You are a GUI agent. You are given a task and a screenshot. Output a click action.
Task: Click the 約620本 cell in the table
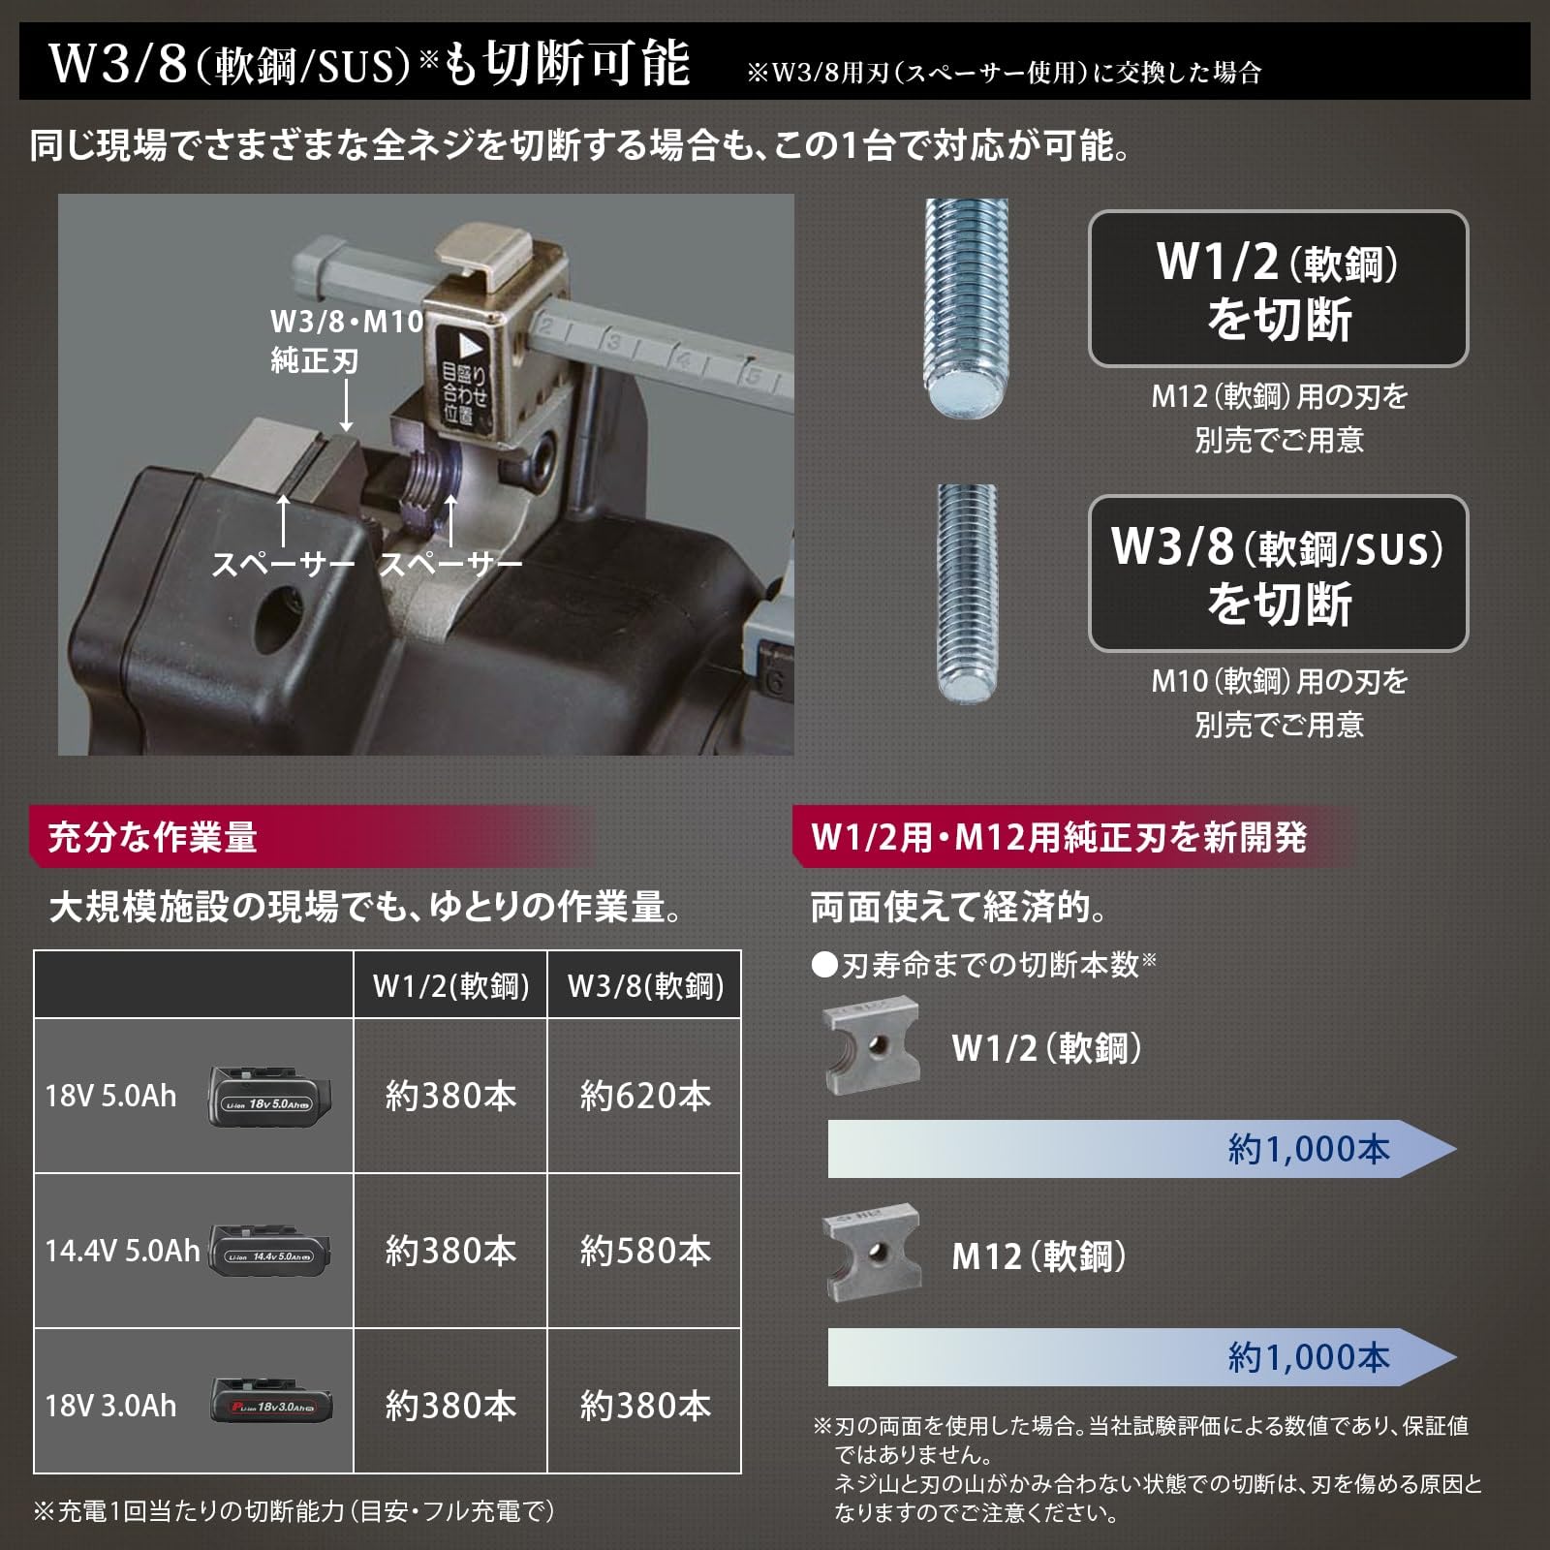[645, 1096]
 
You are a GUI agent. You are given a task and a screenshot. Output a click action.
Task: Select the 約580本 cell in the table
[645, 1251]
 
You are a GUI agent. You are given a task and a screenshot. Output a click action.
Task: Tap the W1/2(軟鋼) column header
[450, 986]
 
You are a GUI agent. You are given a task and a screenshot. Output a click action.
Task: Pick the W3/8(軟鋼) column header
[645, 986]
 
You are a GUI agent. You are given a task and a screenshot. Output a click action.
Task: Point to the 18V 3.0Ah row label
[110, 1406]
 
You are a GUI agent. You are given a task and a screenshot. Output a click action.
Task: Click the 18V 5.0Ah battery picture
[270, 1098]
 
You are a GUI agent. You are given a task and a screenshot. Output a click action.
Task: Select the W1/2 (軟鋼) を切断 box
[1278, 289]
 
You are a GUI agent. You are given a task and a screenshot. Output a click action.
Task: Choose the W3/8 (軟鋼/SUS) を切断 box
[1278, 573]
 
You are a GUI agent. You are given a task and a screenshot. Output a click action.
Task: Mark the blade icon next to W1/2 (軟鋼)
[871, 1047]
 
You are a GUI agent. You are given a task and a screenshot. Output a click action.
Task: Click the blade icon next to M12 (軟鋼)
[871, 1254]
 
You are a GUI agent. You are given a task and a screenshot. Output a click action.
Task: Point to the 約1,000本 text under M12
[1309, 1357]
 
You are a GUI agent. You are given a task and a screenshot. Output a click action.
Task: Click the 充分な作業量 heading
[152, 837]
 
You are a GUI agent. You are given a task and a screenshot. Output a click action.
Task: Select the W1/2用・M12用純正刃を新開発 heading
[1059, 837]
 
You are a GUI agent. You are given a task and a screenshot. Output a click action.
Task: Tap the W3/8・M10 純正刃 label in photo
[347, 340]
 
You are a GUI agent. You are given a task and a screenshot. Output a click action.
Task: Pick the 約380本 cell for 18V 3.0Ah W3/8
[645, 1406]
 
